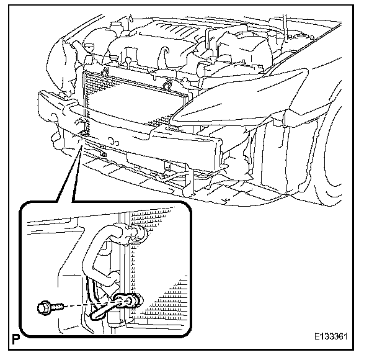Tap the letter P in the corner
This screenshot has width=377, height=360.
13,340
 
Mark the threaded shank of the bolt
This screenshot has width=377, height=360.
60,306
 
